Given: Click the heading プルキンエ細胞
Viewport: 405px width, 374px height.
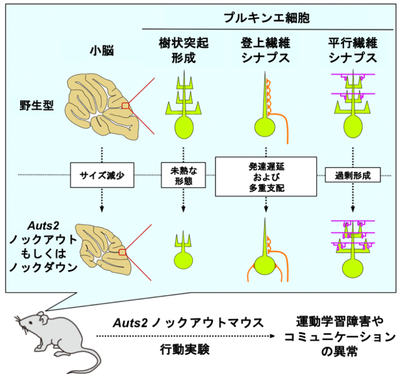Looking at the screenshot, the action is click(266, 17).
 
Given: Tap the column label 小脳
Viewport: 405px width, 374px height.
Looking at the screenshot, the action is click(102, 51).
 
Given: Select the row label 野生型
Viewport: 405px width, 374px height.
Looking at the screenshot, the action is click(37, 106).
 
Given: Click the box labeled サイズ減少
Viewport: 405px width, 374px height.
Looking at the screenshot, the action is click(102, 175).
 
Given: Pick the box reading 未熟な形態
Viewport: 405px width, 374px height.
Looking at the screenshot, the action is click(184, 175).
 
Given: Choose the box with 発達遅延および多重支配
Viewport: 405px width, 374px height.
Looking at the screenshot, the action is click(266, 177).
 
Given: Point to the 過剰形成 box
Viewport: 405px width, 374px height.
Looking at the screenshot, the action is click(353, 175).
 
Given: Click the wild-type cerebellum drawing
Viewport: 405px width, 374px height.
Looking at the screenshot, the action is click(102, 106).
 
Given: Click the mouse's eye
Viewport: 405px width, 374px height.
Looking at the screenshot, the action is click(31, 323).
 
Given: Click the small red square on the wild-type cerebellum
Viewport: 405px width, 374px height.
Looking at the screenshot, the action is click(126, 106).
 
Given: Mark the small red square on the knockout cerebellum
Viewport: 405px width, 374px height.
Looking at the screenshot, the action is click(122, 252).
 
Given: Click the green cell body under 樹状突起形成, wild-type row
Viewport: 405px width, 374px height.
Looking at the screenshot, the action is click(184, 127).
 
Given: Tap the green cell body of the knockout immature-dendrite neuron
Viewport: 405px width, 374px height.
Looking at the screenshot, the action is click(184, 261).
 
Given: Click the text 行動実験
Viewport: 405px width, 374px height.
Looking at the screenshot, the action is click(185, 350).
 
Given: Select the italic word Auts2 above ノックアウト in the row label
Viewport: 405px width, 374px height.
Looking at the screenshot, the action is click(43, 226).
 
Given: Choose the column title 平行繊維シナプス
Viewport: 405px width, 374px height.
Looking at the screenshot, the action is click(353, 50).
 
